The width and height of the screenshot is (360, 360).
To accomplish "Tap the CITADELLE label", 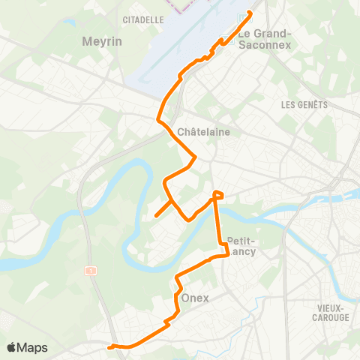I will click(x=142, y=19).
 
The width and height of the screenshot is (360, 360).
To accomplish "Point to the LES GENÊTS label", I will click(x=304, y=105).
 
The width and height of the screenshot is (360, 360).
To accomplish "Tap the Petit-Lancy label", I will click(x=241, y=246).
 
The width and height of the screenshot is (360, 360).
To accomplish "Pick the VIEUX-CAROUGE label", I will click(x=331, y=313).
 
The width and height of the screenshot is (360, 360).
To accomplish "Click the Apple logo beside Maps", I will click(x=12, y=347).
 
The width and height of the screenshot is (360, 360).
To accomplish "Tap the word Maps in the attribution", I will click(x=33, y=347).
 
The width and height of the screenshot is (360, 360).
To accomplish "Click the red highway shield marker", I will click(x=91, y=270).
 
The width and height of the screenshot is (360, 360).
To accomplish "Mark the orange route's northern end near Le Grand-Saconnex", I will click(x=249, y=13).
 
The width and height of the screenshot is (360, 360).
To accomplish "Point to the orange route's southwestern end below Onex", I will click(x=109, y=346).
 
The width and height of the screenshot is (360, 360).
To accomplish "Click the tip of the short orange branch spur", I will click(x=156, y=216).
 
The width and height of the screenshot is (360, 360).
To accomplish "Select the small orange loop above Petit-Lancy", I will click(x=218, y=195).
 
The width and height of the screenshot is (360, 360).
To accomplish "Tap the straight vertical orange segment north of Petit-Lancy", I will click(x=218, y=225).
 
